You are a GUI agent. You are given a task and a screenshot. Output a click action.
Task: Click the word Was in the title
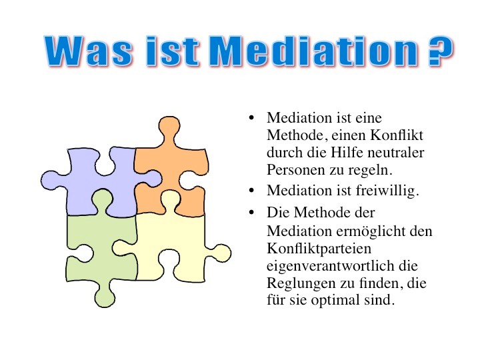89,51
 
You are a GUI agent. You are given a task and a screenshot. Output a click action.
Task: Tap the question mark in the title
440,51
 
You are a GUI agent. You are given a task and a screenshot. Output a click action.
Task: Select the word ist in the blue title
173,51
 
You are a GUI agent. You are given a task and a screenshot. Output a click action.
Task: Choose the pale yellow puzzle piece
171,242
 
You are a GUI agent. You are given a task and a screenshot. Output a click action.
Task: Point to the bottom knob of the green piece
105,296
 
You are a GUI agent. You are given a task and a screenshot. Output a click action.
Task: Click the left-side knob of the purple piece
51,181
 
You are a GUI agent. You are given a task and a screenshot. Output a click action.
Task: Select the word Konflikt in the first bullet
397,135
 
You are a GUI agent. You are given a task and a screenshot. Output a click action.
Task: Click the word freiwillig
387,191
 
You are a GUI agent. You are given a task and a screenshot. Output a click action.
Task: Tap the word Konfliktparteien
319,248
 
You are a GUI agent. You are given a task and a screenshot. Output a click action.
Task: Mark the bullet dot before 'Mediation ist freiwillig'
251,191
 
